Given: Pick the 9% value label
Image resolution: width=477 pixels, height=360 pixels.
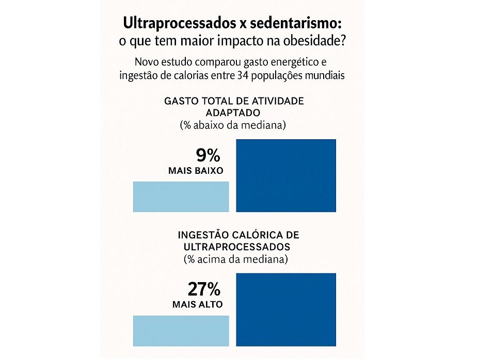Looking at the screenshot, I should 208,155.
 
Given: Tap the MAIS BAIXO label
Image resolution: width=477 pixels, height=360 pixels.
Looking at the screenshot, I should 196,171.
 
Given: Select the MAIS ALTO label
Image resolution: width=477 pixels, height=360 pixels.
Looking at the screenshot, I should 198,304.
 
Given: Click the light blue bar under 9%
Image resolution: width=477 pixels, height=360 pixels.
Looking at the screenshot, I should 181,197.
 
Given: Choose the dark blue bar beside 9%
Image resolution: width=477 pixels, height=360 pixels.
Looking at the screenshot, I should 286,175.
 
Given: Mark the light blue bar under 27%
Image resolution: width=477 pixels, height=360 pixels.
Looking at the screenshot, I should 181,331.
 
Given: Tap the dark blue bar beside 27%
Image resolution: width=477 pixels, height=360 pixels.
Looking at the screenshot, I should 286,309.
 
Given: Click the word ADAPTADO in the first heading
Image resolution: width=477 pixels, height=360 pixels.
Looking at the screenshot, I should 233,112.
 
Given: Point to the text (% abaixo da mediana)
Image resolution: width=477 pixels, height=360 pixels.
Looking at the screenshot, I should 233,125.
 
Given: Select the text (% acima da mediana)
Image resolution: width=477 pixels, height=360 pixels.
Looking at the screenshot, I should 236,259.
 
